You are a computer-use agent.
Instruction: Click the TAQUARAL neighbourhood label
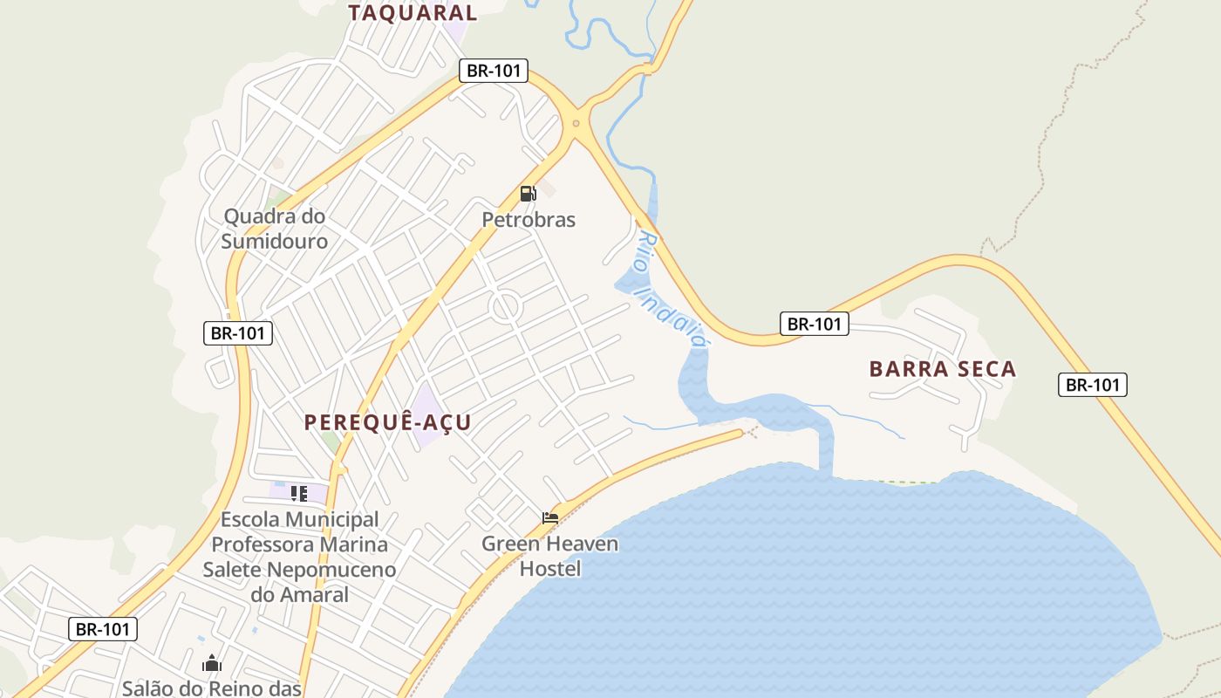(x=413, y=13)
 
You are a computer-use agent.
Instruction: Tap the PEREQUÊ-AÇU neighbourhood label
(x=387, y=423)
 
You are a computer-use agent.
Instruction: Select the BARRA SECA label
(x=943, y=369)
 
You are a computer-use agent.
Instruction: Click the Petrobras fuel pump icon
(x=527, y=194)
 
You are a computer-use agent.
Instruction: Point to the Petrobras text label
(x=529, y=220)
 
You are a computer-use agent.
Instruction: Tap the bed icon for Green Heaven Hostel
(x=549, y=517)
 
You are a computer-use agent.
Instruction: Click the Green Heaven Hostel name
(x=550, y=556)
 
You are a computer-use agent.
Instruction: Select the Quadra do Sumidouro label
(x=275, y=229)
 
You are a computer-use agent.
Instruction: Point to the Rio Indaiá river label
(x=670, y=288)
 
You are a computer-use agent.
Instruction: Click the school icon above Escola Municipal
(x=299, y=494)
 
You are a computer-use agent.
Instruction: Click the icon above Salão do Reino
(x=212, y=664)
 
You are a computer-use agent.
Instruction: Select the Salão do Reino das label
(x=212, y=688)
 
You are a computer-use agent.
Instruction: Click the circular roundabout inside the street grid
(x=505, y=307)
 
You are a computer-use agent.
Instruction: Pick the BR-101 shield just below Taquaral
(x=494, y=71)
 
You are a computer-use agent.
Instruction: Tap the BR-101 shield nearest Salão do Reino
(x=103, y=629)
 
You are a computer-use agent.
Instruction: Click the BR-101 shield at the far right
(x=1093, y=385)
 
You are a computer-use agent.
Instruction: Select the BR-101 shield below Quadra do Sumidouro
(x=238, y=332)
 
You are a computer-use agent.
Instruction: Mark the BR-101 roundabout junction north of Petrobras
(x=575, y=123)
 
